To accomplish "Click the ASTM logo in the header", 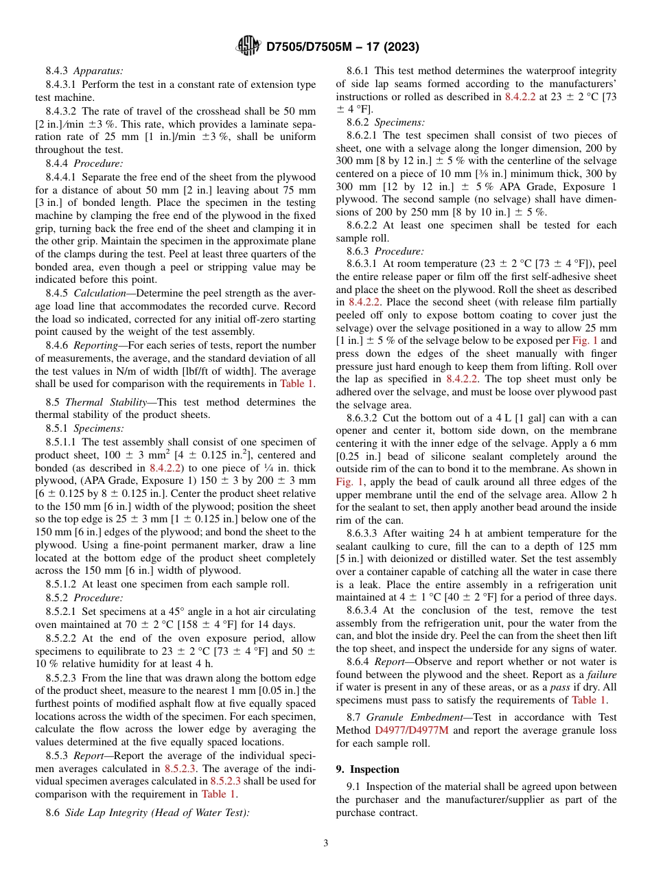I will (248, 46).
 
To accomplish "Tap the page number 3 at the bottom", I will (326, 843).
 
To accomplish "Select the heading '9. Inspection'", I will (367, 769).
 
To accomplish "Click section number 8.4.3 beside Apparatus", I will (58, 71).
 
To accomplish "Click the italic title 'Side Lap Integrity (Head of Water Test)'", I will (157, 813).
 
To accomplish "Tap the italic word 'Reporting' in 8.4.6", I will (99, 347).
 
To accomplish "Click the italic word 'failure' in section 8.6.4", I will (602, 675).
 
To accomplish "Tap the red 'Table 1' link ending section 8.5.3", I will (218, 794).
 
